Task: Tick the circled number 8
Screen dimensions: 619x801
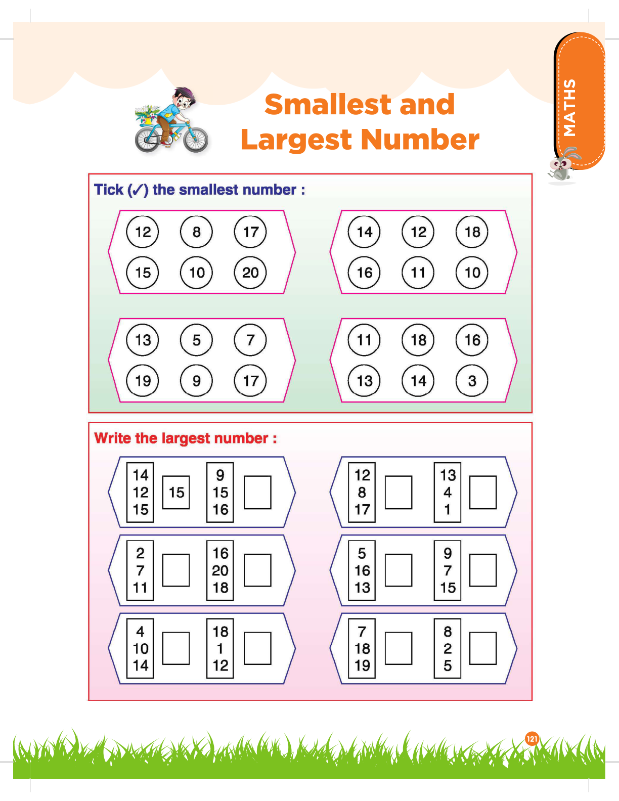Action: tap(196, 232)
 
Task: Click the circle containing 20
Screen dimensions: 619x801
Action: tap(250, 273)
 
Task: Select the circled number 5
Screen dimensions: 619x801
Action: tap(196, 340)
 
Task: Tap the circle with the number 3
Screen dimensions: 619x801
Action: tap(472, 380)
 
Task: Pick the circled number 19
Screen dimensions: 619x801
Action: tap(142, 380)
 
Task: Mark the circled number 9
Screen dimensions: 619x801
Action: tap(196, 380)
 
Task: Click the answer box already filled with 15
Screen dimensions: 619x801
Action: tap(176, 493)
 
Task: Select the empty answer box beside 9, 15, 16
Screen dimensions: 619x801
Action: tap(258, 493)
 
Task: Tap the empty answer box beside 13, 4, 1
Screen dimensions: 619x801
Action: tap(483, 493)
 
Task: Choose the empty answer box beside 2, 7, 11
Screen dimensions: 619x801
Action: tap(176, 570)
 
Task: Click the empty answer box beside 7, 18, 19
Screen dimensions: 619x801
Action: tap(399, 648)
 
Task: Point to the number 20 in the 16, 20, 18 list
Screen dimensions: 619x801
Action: tap(220, 570)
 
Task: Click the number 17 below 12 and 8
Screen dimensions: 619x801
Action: tap(362, 509)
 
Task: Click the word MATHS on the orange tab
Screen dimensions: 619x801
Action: tap(569, 108)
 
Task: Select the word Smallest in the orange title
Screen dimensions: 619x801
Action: tap(327, 104)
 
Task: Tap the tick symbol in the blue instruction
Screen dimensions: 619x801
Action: tap(138, 190)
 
